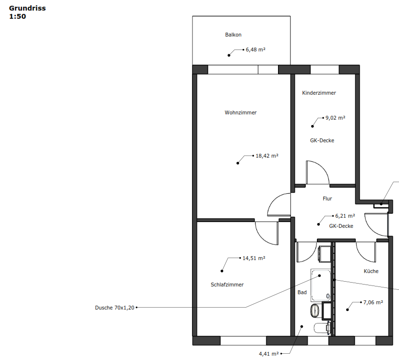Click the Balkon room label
(x=233, y=35)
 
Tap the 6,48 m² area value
(x=255, y=50)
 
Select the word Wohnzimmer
(x=241, y=112)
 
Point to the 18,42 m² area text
(x=267, y=156)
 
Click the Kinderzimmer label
(x=319, y=93)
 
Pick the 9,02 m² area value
(x=336, y=118)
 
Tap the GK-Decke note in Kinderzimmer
(x=322, y=141)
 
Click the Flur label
(x=327, y=199)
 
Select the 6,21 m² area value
(x=345, y=216)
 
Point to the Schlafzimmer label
(x=227, y=285)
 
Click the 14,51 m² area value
(x=254, y=258)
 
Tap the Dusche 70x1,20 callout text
(x=114, y=308)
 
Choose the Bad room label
(x=302, y=293)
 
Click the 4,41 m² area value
(x=269, y=354)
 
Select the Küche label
(x=371, y=272)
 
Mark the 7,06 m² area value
(x=373, y=303)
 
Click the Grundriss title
(x=27, y=8)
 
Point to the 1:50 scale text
(x=18, y=16)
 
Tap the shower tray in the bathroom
(x=321, y=285)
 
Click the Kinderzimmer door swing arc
(x=323, y=167)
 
